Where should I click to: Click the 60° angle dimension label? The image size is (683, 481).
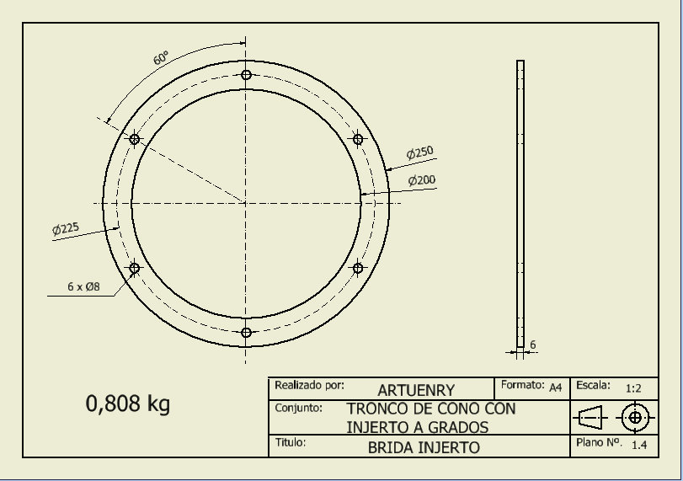[160, 58]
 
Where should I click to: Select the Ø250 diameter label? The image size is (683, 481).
[419, 152]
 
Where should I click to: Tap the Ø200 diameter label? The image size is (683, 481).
[421, 180]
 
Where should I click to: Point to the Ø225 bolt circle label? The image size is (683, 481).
[65, 228]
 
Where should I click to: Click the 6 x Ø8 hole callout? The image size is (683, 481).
[83, 286]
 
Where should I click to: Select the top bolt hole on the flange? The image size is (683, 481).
[246, 75]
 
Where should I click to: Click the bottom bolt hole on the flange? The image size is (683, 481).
[246, 333]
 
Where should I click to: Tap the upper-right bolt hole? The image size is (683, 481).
[357, 139]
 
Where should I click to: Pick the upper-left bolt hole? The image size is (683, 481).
[134, 139]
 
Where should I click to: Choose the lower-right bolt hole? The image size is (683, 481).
[357, 268]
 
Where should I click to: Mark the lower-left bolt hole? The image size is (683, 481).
[134, 268]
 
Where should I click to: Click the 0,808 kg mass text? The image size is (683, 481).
[128, 404]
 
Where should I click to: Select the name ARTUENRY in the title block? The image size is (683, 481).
[416, 390]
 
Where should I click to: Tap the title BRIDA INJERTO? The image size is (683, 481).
[424, 448]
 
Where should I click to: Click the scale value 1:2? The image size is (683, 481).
[634, 389]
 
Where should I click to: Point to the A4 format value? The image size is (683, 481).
[555, 387]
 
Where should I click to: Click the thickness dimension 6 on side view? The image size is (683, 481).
[532, 345]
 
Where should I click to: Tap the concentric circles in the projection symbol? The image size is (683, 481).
[634, 417]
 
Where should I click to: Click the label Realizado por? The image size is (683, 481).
[309, 386]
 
